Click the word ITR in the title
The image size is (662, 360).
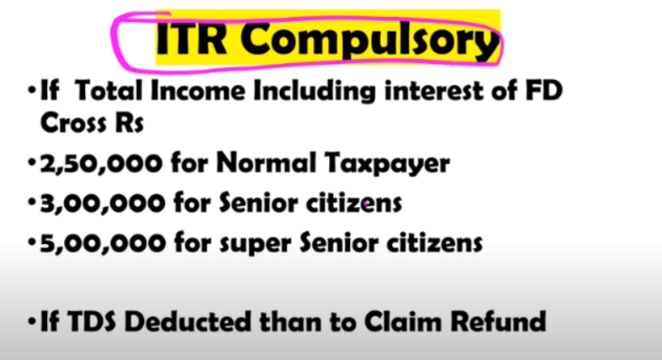[192, 39]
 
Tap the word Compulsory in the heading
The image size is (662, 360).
[369, 41]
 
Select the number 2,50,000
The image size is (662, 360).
[100, 164]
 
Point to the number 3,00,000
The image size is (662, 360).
[102, 204]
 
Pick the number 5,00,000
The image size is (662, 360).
[102, 244]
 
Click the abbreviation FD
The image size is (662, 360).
[543, 90]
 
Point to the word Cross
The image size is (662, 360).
[72, 123]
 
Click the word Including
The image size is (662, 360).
[314, 92]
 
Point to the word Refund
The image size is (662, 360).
[498, 321]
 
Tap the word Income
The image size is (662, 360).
[198, 90]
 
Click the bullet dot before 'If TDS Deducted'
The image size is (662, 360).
[32, 322]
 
